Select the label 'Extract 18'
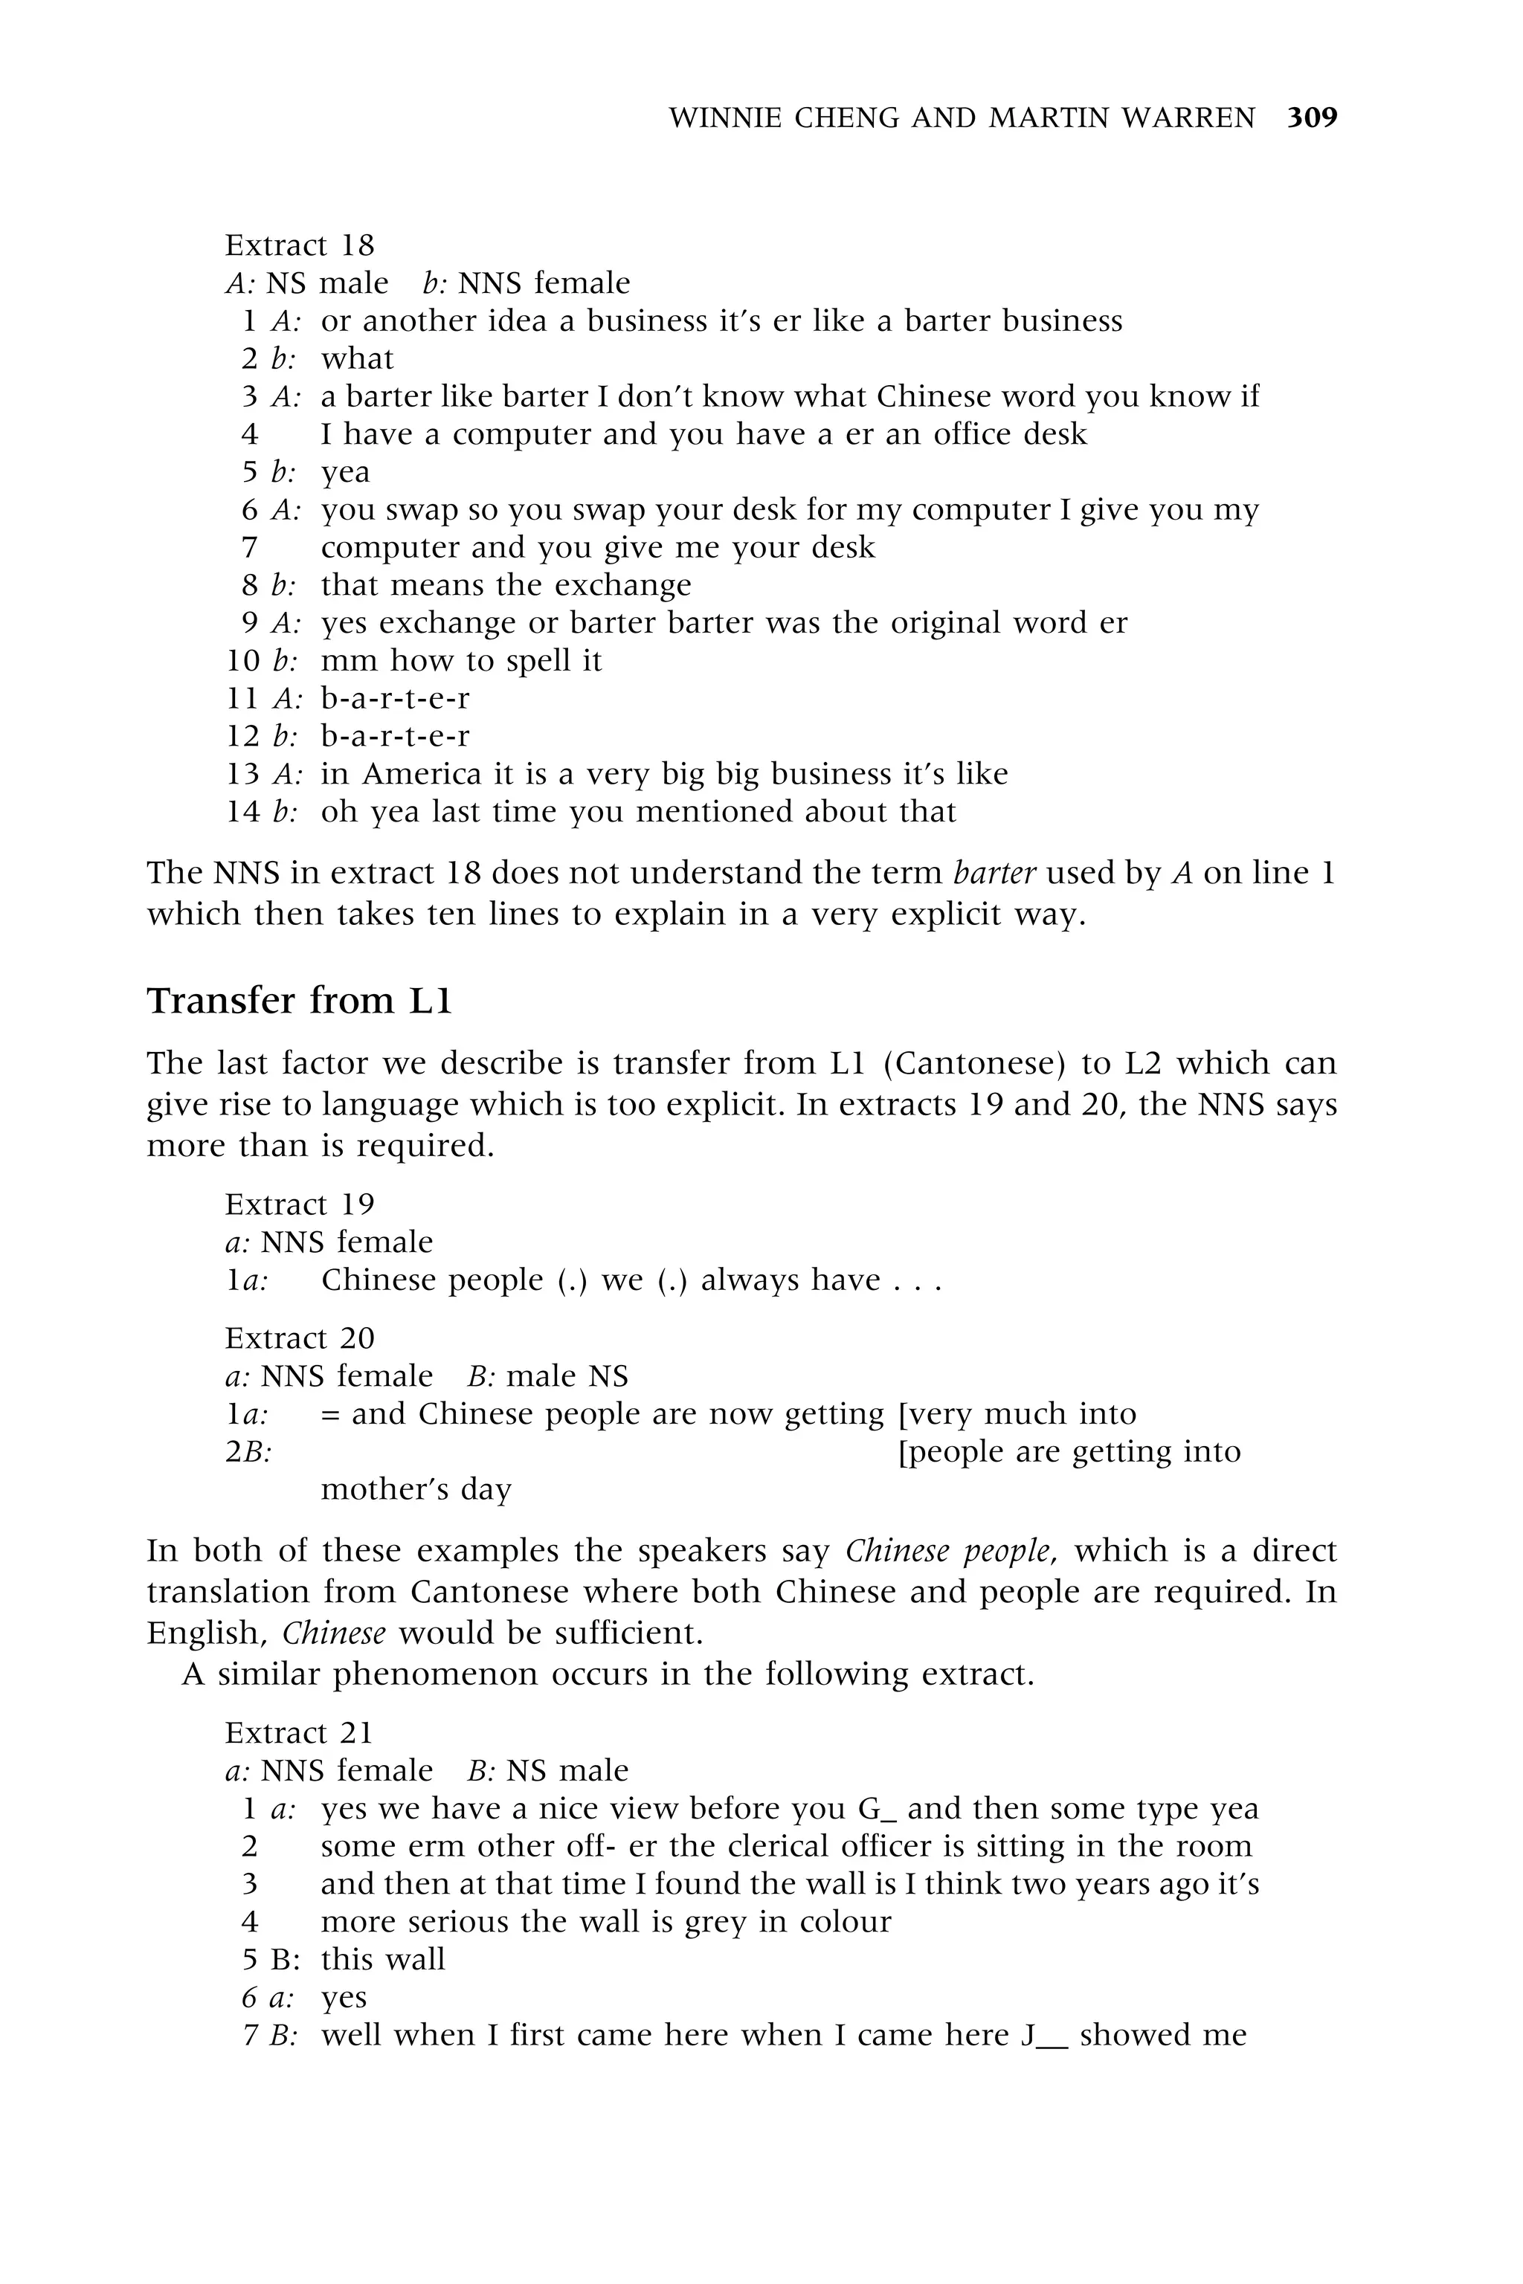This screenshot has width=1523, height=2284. coord(299,245)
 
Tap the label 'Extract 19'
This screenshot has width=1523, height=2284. coord(299,1204)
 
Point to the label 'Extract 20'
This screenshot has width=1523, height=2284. coord(299,1338)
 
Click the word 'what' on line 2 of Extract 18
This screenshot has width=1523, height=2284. coord(358,358)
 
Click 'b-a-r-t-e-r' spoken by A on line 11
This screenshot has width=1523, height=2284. coord(396,698)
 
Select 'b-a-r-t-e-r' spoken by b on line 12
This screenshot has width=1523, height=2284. coord(396,736)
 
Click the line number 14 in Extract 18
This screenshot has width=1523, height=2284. coord(243,812)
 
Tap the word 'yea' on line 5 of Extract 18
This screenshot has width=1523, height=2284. coord(346,473)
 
